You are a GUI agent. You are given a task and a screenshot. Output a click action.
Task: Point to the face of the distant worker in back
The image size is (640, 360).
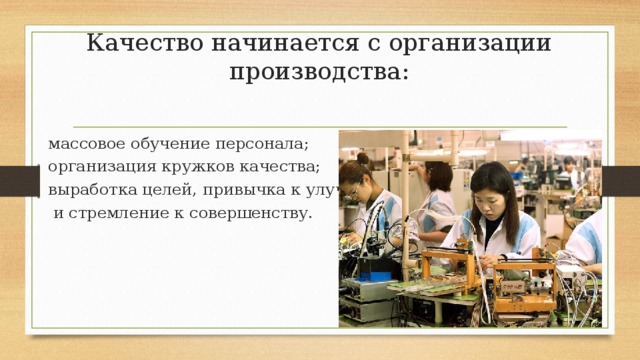pyautogui.click(x=568, y=165)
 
